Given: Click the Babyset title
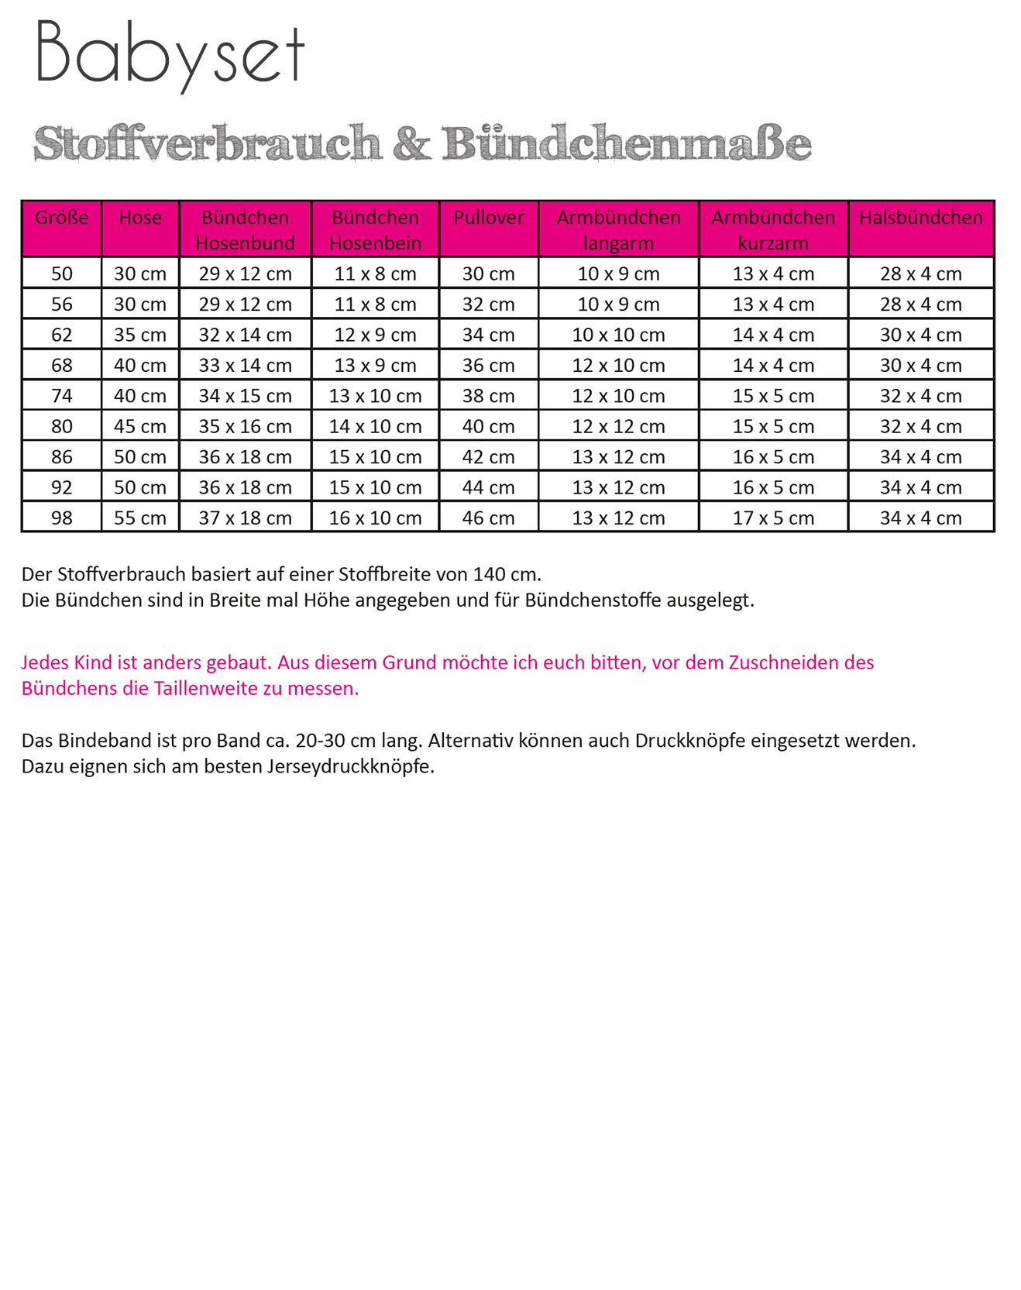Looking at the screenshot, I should tap(170, 54).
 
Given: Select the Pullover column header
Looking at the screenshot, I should tap(488, 218).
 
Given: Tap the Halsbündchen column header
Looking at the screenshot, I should tap(920, 218).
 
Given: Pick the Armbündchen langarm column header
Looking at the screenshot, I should tap(618, 229).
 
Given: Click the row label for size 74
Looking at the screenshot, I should tap(62, 396).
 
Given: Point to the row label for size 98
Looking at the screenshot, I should tap(62, 518).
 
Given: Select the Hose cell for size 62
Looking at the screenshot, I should tap(140, 335).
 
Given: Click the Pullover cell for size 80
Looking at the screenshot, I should tap(488, 426).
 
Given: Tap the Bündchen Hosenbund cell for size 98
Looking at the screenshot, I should tap(245, 518).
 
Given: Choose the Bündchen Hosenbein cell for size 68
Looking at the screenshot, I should tap(375, 365).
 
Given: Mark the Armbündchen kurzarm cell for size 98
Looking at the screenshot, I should tap(773, 518).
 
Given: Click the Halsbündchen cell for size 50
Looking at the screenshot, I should tap(920, 273).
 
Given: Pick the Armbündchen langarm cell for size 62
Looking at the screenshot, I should tap(618, 335).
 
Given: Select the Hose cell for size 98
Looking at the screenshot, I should tap(140, 518).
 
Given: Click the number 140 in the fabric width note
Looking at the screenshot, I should tap(489, 575).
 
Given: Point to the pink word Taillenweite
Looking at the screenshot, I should tap(207, 689).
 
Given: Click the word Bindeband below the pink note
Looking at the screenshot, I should tap(105, 741).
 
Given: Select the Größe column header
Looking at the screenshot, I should tap(62, 218).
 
